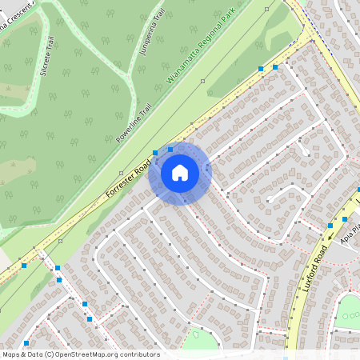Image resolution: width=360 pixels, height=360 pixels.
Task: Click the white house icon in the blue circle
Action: point(180,173)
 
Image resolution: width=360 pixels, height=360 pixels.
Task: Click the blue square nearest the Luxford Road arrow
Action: point(345,218)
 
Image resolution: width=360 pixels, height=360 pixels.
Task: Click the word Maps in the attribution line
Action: point(12,354)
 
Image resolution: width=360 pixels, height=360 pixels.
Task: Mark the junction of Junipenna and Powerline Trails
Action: point(128,78)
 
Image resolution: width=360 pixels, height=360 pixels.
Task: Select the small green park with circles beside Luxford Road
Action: point(350,308)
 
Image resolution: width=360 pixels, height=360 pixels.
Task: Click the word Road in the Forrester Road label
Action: point(142,169)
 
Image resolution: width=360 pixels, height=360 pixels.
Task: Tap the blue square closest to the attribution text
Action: point(26,343)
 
